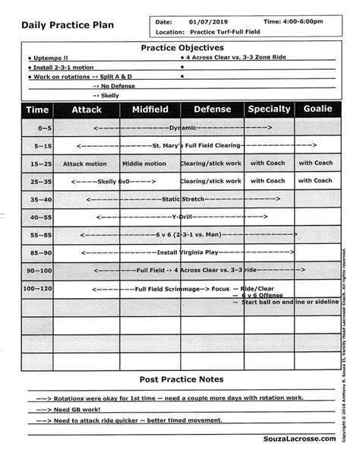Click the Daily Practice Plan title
point(68,25)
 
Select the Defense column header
point(211,109)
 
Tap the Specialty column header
point(269,109)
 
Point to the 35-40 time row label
point(38,199)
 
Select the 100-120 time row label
point(37,289)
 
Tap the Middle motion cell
point(144,163)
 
